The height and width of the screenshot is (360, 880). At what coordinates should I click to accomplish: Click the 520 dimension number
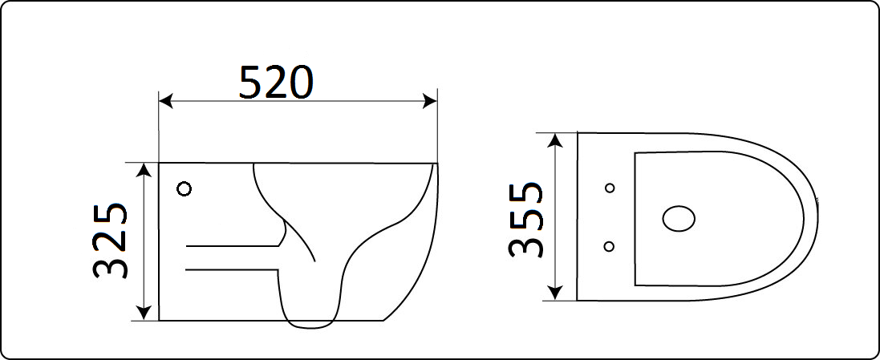pyautogui.click(x=276, y=83)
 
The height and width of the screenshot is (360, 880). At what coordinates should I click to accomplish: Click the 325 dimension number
pyautogui.click(x=110, y=241)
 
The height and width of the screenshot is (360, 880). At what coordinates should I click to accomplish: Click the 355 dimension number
pyautogui.click(x=526, y=219)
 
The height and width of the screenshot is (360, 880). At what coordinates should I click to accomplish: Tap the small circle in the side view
pyautogui.click(x=184, y=189)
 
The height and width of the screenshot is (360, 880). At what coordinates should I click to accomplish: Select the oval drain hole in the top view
pyautogui.click(x=679, y=219)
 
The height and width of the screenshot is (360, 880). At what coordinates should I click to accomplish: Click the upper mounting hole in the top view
pyautogui.click(x=610, y=188)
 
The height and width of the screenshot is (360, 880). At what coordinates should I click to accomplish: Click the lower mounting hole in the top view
pyautogui.click(x=608, y=246)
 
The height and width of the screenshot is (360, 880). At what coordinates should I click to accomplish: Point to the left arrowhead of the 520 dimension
pyautogui.click(x=165, y=102)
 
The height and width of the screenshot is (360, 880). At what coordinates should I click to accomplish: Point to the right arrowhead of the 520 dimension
pyautogui.click(x=431, y=102)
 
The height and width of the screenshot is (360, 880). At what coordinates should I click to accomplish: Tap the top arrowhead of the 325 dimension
pyautogui.click(x=145, y=170)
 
